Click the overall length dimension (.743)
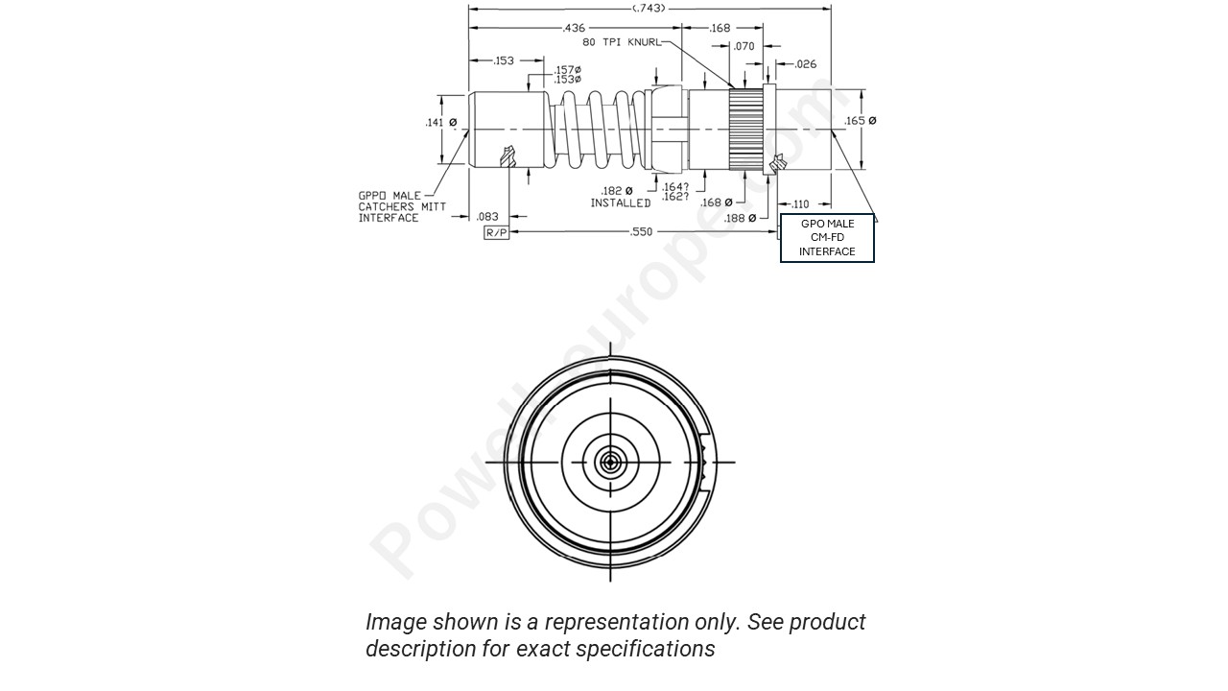click(649, 9)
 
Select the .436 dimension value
click(574, 29)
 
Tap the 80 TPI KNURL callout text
click(622, 42)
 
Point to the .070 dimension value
click(744, 46)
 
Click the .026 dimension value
click(806, 64)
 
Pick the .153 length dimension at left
click(504, 61)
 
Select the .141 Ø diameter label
click(440, 123)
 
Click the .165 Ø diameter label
click(860, 121)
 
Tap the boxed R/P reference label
click(496, 233)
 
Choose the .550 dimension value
click(641, 232)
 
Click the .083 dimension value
click(487, 217)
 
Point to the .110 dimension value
click(798, 204)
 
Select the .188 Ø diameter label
click(740, 218)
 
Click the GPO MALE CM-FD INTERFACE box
click(827, 238)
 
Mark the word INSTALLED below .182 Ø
click(620, 203)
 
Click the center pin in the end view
click(610, 463)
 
